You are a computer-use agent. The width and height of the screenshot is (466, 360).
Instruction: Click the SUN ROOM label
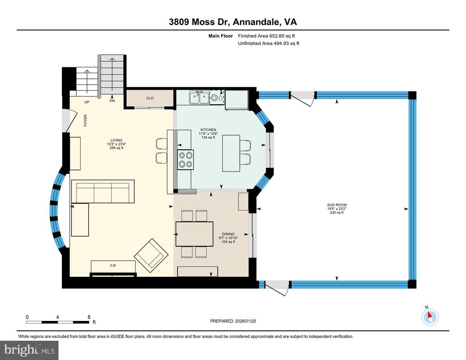click(337, 205)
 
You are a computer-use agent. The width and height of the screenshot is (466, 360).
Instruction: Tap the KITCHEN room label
click(208, 130)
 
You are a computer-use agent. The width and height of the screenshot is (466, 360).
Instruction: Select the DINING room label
click(228, 234)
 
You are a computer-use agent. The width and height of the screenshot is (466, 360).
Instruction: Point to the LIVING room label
click(116, 140)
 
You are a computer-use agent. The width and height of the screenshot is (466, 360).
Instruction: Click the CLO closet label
click(150, 98)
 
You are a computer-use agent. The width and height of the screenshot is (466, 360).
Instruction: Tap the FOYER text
click(85, 121)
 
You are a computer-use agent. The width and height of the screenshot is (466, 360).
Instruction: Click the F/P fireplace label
click(113, 266)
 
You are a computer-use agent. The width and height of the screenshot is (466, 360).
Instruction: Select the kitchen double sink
click(199, 97)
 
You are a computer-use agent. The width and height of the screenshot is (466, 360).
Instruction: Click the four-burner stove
click(186, 160)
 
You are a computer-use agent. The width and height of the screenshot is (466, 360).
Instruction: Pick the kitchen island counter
click(231, 153)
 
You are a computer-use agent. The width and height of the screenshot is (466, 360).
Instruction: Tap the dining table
click(194, 234)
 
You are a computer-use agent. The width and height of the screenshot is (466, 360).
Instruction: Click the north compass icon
click(430, 317)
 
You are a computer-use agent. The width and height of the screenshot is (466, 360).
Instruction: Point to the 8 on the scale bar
click(89, 317)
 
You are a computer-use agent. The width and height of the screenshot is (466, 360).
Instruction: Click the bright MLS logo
click(29, 350)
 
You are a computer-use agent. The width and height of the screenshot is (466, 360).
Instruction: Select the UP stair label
click(87, 102)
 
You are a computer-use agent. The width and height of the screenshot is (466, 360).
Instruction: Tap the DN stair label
click(112, 101)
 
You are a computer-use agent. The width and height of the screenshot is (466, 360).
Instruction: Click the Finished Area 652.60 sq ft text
click(266, 36)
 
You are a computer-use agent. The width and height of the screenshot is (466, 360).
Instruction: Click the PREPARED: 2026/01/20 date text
click(233, 321)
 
